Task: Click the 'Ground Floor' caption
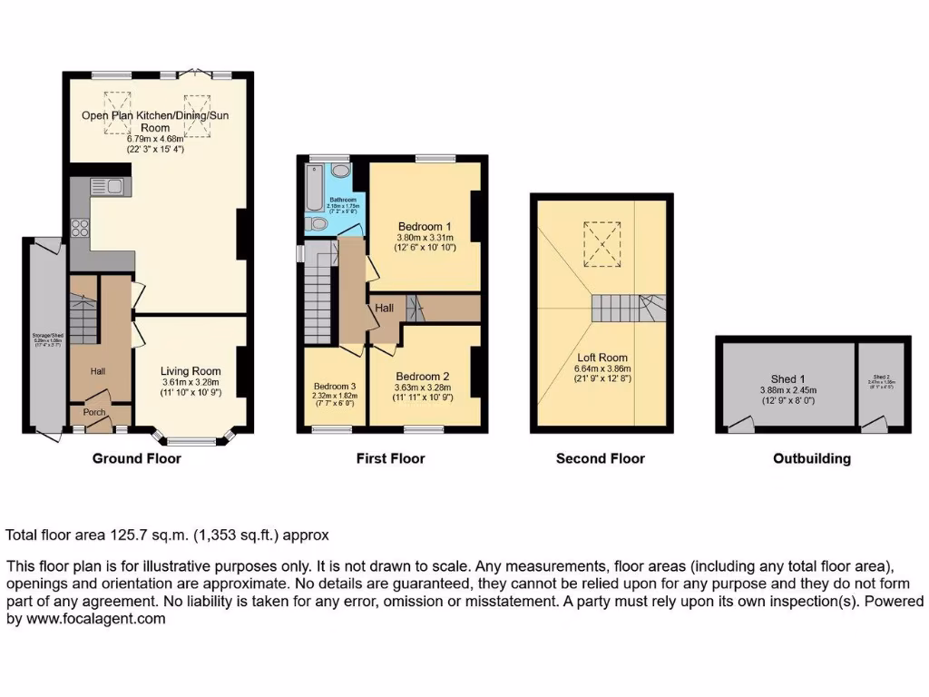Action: pos(137,458)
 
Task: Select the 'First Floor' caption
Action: pos(390,458)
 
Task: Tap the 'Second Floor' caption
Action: pos(601,458)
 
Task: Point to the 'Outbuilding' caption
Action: pos(812,458)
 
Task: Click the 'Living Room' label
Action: pos(191,371)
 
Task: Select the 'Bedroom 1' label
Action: pos(425,226)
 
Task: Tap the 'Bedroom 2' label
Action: pos(423,376)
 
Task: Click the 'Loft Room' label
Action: pos(601,358)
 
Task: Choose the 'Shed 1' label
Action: pos(787,378)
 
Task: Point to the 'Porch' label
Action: pos(94,412)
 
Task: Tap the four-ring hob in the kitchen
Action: pos(79,228)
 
